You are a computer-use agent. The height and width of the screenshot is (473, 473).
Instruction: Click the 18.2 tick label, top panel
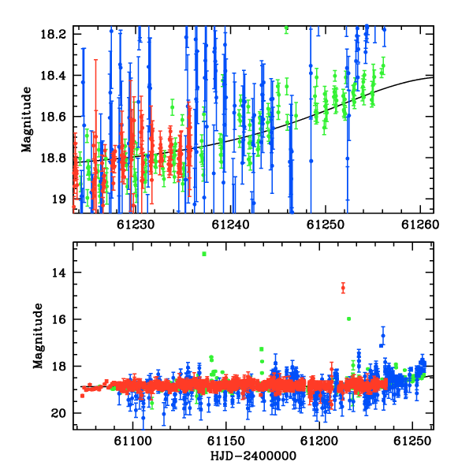click(53, 34)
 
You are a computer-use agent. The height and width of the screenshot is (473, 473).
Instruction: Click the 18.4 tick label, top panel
click(53, 76)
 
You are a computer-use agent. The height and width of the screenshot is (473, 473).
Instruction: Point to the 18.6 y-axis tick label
click(53, 117)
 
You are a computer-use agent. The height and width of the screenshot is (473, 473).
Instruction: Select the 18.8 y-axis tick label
click(53, 158)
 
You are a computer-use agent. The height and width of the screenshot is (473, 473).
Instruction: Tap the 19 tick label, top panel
click(58, 199)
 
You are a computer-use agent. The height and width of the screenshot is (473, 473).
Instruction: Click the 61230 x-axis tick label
click(136, 225)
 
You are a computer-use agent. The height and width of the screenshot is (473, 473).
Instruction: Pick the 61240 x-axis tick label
click(230, 225)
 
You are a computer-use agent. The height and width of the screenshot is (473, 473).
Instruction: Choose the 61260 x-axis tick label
click(420, 225)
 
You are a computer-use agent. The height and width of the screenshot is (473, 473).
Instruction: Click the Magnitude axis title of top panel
click(27, 120)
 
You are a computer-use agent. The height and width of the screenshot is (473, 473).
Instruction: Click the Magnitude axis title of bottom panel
click(38, 336)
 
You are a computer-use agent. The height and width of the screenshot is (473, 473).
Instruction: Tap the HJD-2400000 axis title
click(253, 456)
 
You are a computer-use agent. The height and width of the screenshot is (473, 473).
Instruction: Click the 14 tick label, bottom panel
click(59, 273)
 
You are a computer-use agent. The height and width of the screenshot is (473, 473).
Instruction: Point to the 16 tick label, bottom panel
click(59, 319)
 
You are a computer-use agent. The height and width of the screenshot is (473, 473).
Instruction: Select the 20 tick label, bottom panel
click(59, 413)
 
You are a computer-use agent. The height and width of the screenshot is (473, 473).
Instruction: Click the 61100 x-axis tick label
click(132, 441)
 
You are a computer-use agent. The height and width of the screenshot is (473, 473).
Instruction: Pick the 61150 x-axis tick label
click(226, 441)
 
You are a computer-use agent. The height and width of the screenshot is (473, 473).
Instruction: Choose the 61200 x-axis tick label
click(319, 441)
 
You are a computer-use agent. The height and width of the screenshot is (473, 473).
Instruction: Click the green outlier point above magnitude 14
click(204, 254)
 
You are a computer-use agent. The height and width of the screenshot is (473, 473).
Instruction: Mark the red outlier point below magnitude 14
click(343, 288)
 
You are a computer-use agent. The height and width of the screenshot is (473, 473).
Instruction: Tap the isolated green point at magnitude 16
click(348, 318)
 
